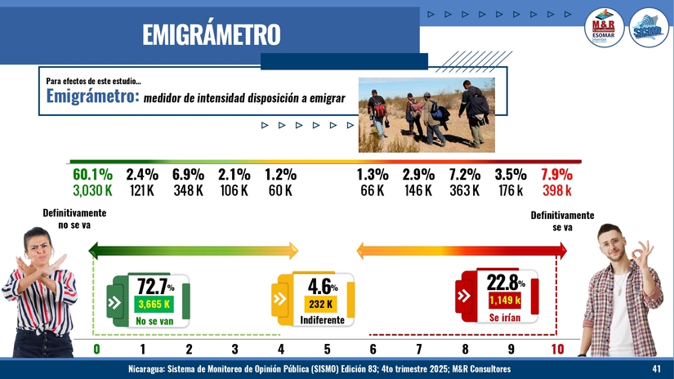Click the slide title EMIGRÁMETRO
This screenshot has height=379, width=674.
(211, 34)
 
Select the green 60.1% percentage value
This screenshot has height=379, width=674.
(92, 174)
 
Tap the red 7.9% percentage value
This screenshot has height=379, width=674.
(556, 174)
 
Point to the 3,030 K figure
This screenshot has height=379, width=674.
(92, 190)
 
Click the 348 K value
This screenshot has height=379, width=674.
(188, 190)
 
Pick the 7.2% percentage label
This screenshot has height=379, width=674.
(464, 174)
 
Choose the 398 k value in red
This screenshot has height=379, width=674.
(556, 190)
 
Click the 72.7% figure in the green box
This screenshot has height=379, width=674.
(154, 286)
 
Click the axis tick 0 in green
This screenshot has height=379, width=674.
(96, 350)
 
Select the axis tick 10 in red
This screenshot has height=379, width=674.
(557, 350)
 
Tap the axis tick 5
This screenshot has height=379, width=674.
(327, 350)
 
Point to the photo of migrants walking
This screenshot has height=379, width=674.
(426, 114)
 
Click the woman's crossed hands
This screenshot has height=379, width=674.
(41, 265)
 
